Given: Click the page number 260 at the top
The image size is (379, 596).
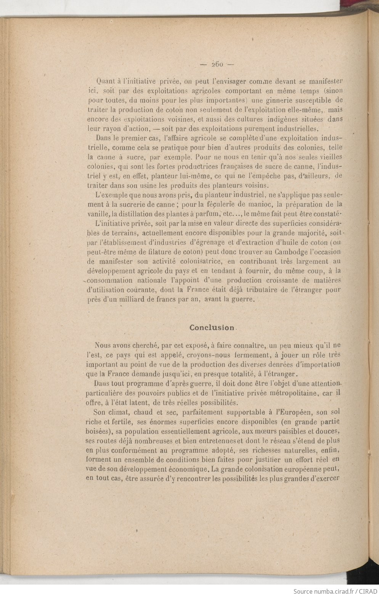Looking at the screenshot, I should tap(217, 64).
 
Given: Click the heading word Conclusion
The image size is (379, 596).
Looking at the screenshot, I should tap(212, 328).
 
